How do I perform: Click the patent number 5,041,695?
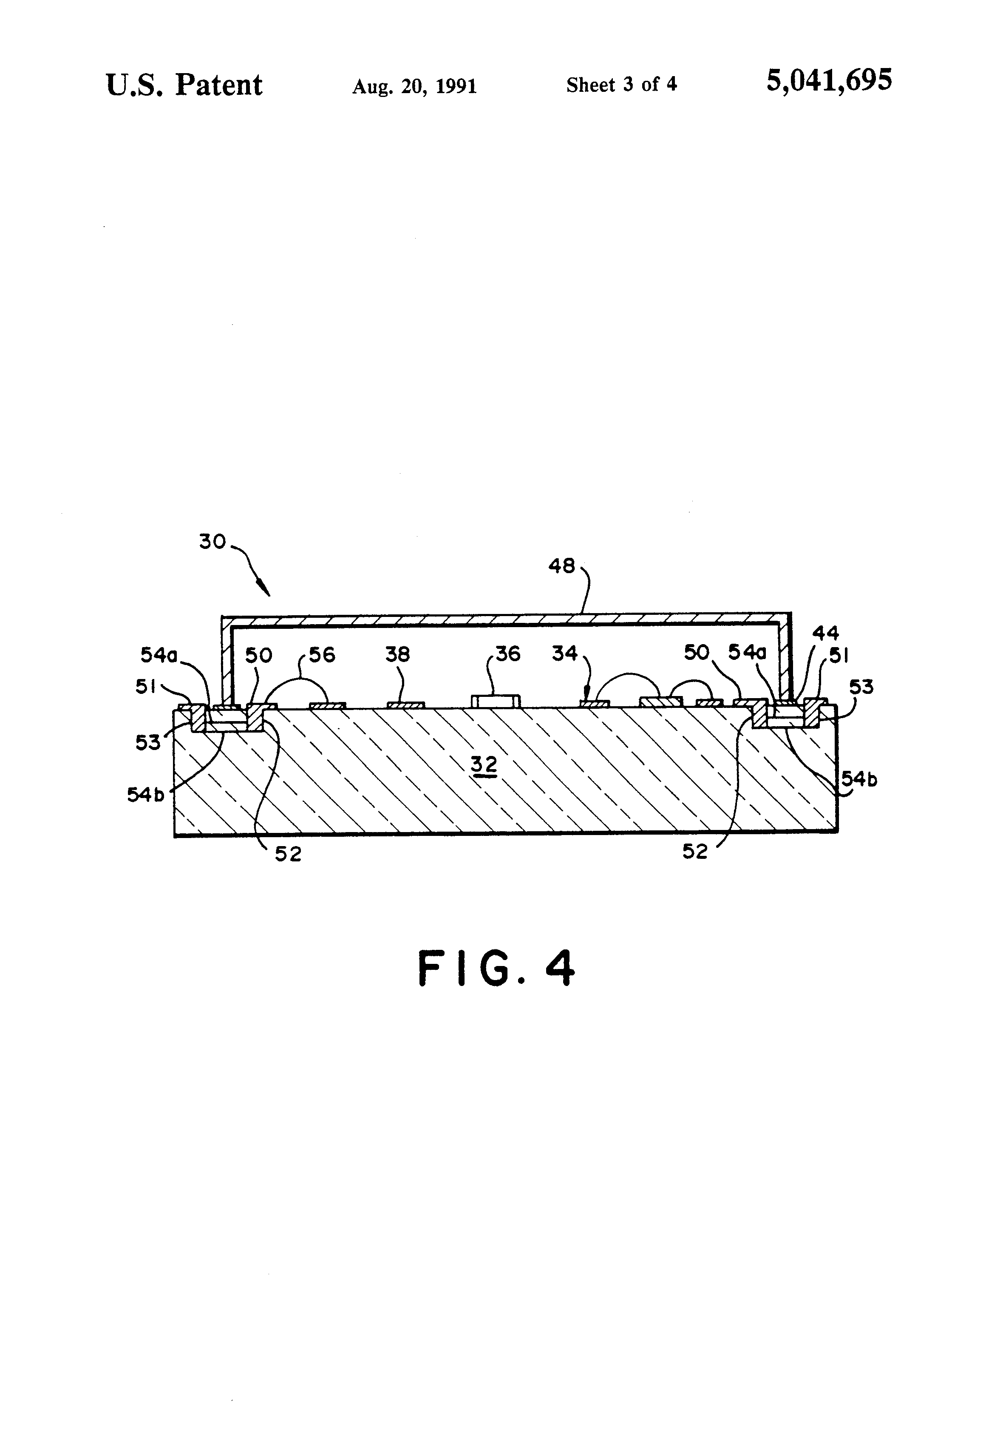pyautogui.click(x=828, y=82)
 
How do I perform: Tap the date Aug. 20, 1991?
pyautogui.click(x=414, y=86)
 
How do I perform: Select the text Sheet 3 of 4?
pyautogui.click(x=621, y=85)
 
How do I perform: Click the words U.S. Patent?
pyautogui.click(x=184, y=85)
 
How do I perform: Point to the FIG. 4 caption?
pyautogui.click(x=496, y=968)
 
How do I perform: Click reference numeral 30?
pyautogui.click(x=212, y=541)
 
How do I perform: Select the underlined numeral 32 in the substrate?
pyautogui.click(x=484, y=764)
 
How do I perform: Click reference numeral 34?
pyautogui.click(x=565, y=653)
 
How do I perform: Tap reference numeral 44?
pyautogui.click(x=825, y=634)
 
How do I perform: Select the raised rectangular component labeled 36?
pyautogui.click(x=496, y=701)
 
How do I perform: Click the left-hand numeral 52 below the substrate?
pyautogui.click(x=288, y=854)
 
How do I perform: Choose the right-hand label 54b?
pyautogui.click(x=859, y=779)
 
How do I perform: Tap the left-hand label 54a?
pyautogui.click(x=159, y=655)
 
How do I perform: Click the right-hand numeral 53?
pyautogui.click(x=861, y=687)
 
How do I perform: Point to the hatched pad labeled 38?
pyautogui.click(x=406, y=705)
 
